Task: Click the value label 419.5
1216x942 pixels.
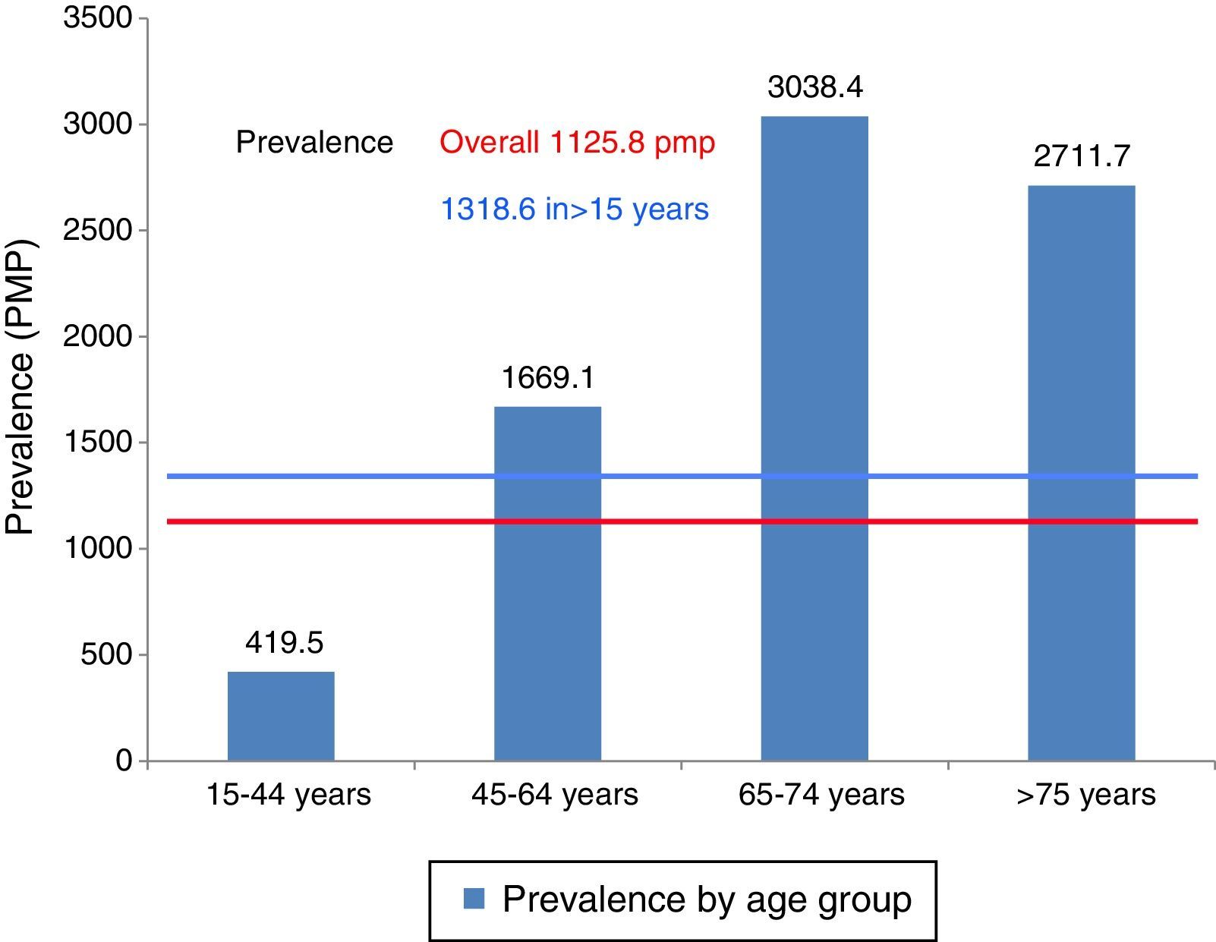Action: [x=284, y=643]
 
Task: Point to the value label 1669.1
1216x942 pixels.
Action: [x=547, y=377]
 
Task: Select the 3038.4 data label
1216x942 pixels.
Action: [x=815, y=87]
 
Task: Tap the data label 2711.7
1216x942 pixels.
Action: [x=1082, y=156]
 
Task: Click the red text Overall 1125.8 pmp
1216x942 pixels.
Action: [x=578, y=142]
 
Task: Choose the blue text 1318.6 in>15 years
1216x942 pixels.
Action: [x=575, y=209]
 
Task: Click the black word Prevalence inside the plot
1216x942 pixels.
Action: [x=314, y=142]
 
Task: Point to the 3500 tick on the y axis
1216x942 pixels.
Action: [x=98, y=17]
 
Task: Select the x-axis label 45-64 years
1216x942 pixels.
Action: [x=554, y=795]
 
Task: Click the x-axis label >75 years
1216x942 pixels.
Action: [x=1085, y=795]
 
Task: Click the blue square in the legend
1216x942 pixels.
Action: [x=474, y=899]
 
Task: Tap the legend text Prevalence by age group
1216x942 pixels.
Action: [x=707, y=899]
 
